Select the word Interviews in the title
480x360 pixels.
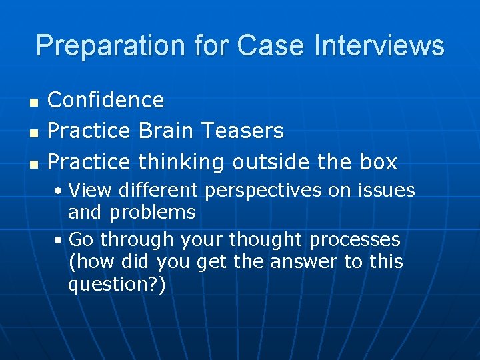[378, 46]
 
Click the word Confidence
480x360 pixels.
[106, 100]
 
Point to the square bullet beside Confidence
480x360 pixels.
[33, 102]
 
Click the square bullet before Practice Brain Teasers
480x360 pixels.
[33, 133]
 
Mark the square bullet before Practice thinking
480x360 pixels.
[33, 163]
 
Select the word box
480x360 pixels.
[377, 161]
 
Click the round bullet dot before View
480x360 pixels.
[60, 191]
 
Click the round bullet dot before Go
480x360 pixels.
[60, 240]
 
